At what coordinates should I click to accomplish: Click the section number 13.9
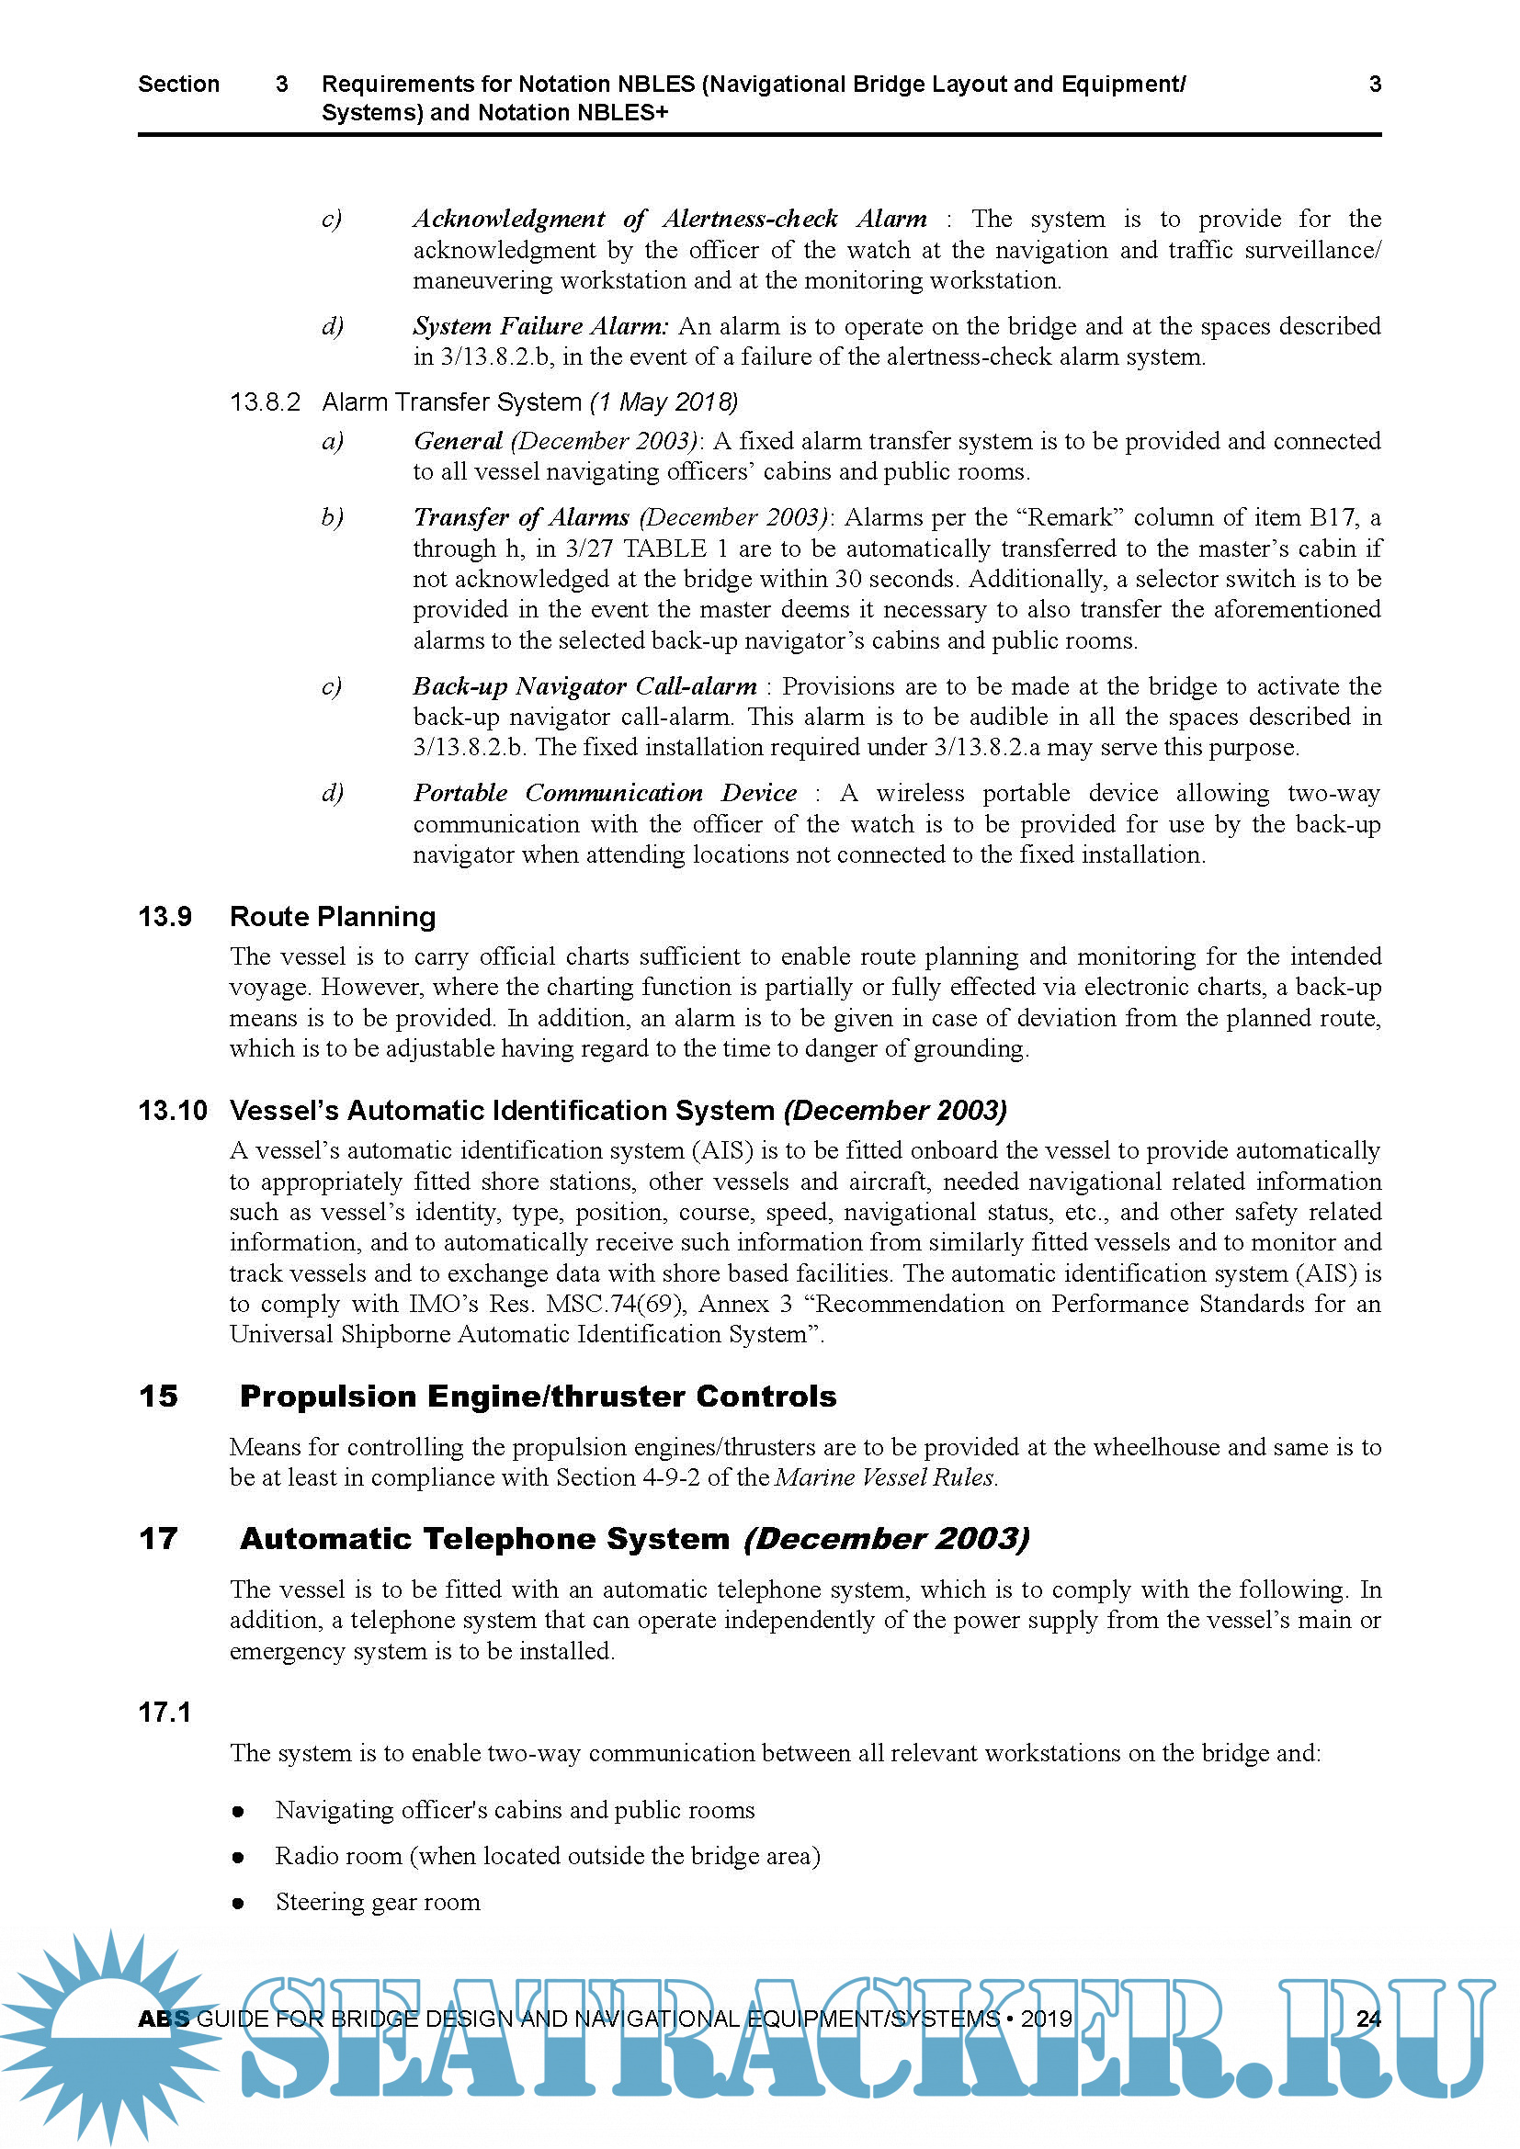(x=164, y=916)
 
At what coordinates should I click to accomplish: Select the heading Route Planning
(x=333, y=916)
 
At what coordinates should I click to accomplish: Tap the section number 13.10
(x=172, y=1110)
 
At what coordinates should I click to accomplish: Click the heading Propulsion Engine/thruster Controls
(x=538, y=1397)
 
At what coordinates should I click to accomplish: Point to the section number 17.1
(x=164, y=1713)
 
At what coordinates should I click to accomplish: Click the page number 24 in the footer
(x=1368, y=2019)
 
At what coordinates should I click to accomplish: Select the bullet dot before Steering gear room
(x=239, y=1903)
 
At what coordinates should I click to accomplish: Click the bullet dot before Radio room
(x=239, y=1857)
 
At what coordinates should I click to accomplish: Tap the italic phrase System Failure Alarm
(x=540, y=326)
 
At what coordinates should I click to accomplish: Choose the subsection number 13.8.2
(x=265, y=402)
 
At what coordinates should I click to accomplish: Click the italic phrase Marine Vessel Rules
(x=884, y=1477)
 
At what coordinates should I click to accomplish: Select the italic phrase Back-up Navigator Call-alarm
(x=585, y=686)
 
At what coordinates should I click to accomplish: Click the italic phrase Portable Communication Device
(x=605, y=793)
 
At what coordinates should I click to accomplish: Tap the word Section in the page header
(x=178, y=85)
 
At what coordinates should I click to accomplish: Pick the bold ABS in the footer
(x=163, y=2019)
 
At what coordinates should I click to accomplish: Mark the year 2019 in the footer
(x=1047, y=2019)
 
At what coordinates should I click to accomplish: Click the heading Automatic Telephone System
(x=484, y=1539)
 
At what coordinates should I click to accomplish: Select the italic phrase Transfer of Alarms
(x=521, y=517)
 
